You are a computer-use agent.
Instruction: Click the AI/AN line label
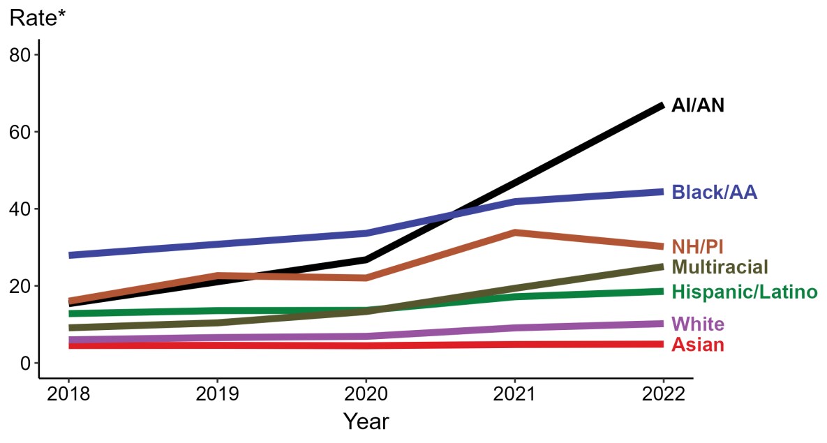click(698, 106)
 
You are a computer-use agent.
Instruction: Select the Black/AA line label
click(714, 193)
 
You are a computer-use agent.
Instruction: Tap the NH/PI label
click(697, 246)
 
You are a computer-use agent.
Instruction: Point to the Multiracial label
click(720, 267)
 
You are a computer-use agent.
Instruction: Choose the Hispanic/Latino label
click(744, 292)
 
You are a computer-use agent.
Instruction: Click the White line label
click(697, 324)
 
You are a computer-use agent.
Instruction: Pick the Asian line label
click(697, 345)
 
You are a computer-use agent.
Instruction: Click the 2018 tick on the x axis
click(68, 394)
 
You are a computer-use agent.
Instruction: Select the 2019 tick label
click(217, 394)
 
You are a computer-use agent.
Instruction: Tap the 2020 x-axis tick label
click(366, 394)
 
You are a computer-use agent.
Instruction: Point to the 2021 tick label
click(514, 394)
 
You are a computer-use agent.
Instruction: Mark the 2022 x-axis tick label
click(663, 394)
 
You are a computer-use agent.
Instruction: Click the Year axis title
click(366, 421)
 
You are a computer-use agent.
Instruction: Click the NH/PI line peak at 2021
click(514, 232)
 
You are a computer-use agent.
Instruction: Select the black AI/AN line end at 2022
click(662, 105)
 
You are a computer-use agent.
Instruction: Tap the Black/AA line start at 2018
click(69, 255)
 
